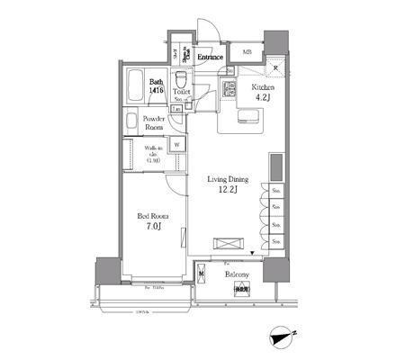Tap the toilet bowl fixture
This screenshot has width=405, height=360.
(180, 76)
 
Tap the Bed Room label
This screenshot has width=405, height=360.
(152, 217)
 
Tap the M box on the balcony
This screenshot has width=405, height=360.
(202, 274)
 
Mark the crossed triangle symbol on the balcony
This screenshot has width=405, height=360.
(241, 289)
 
